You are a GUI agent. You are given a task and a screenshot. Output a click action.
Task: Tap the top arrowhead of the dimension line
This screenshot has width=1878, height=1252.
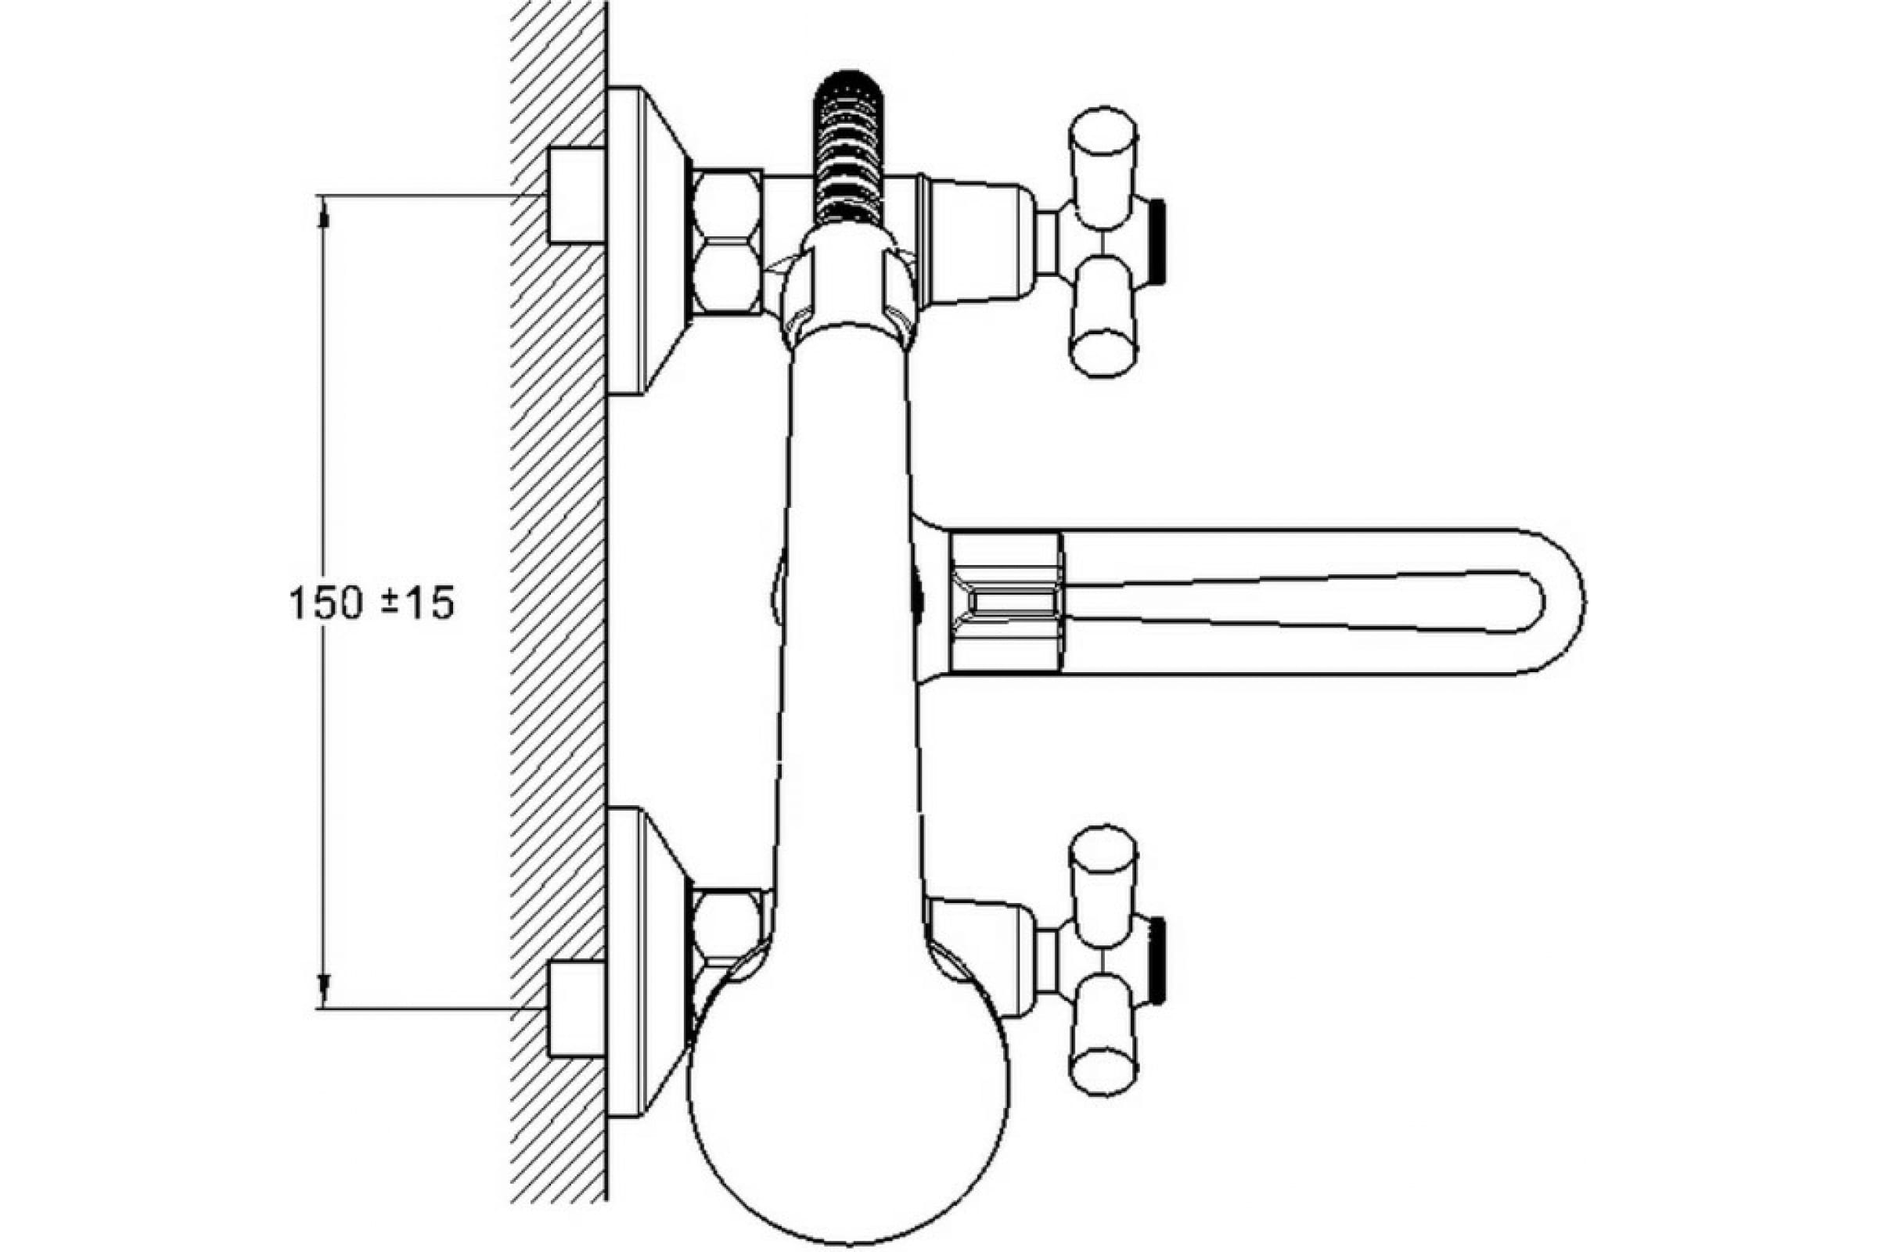click(323, 212)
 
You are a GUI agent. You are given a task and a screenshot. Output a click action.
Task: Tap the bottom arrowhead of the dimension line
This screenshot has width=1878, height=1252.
click(323, 991)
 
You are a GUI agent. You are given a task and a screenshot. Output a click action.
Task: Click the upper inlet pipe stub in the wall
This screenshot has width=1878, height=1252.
click(577, 195)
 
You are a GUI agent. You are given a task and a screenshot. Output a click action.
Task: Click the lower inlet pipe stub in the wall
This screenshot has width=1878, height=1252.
click(577, 1009)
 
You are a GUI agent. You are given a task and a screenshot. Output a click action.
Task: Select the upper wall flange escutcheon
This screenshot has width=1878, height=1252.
click(647, 239)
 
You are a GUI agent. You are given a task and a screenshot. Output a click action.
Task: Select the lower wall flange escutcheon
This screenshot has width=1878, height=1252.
click(647, 962)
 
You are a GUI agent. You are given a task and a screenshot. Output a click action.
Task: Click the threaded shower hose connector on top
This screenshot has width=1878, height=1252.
click(849, 148)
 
